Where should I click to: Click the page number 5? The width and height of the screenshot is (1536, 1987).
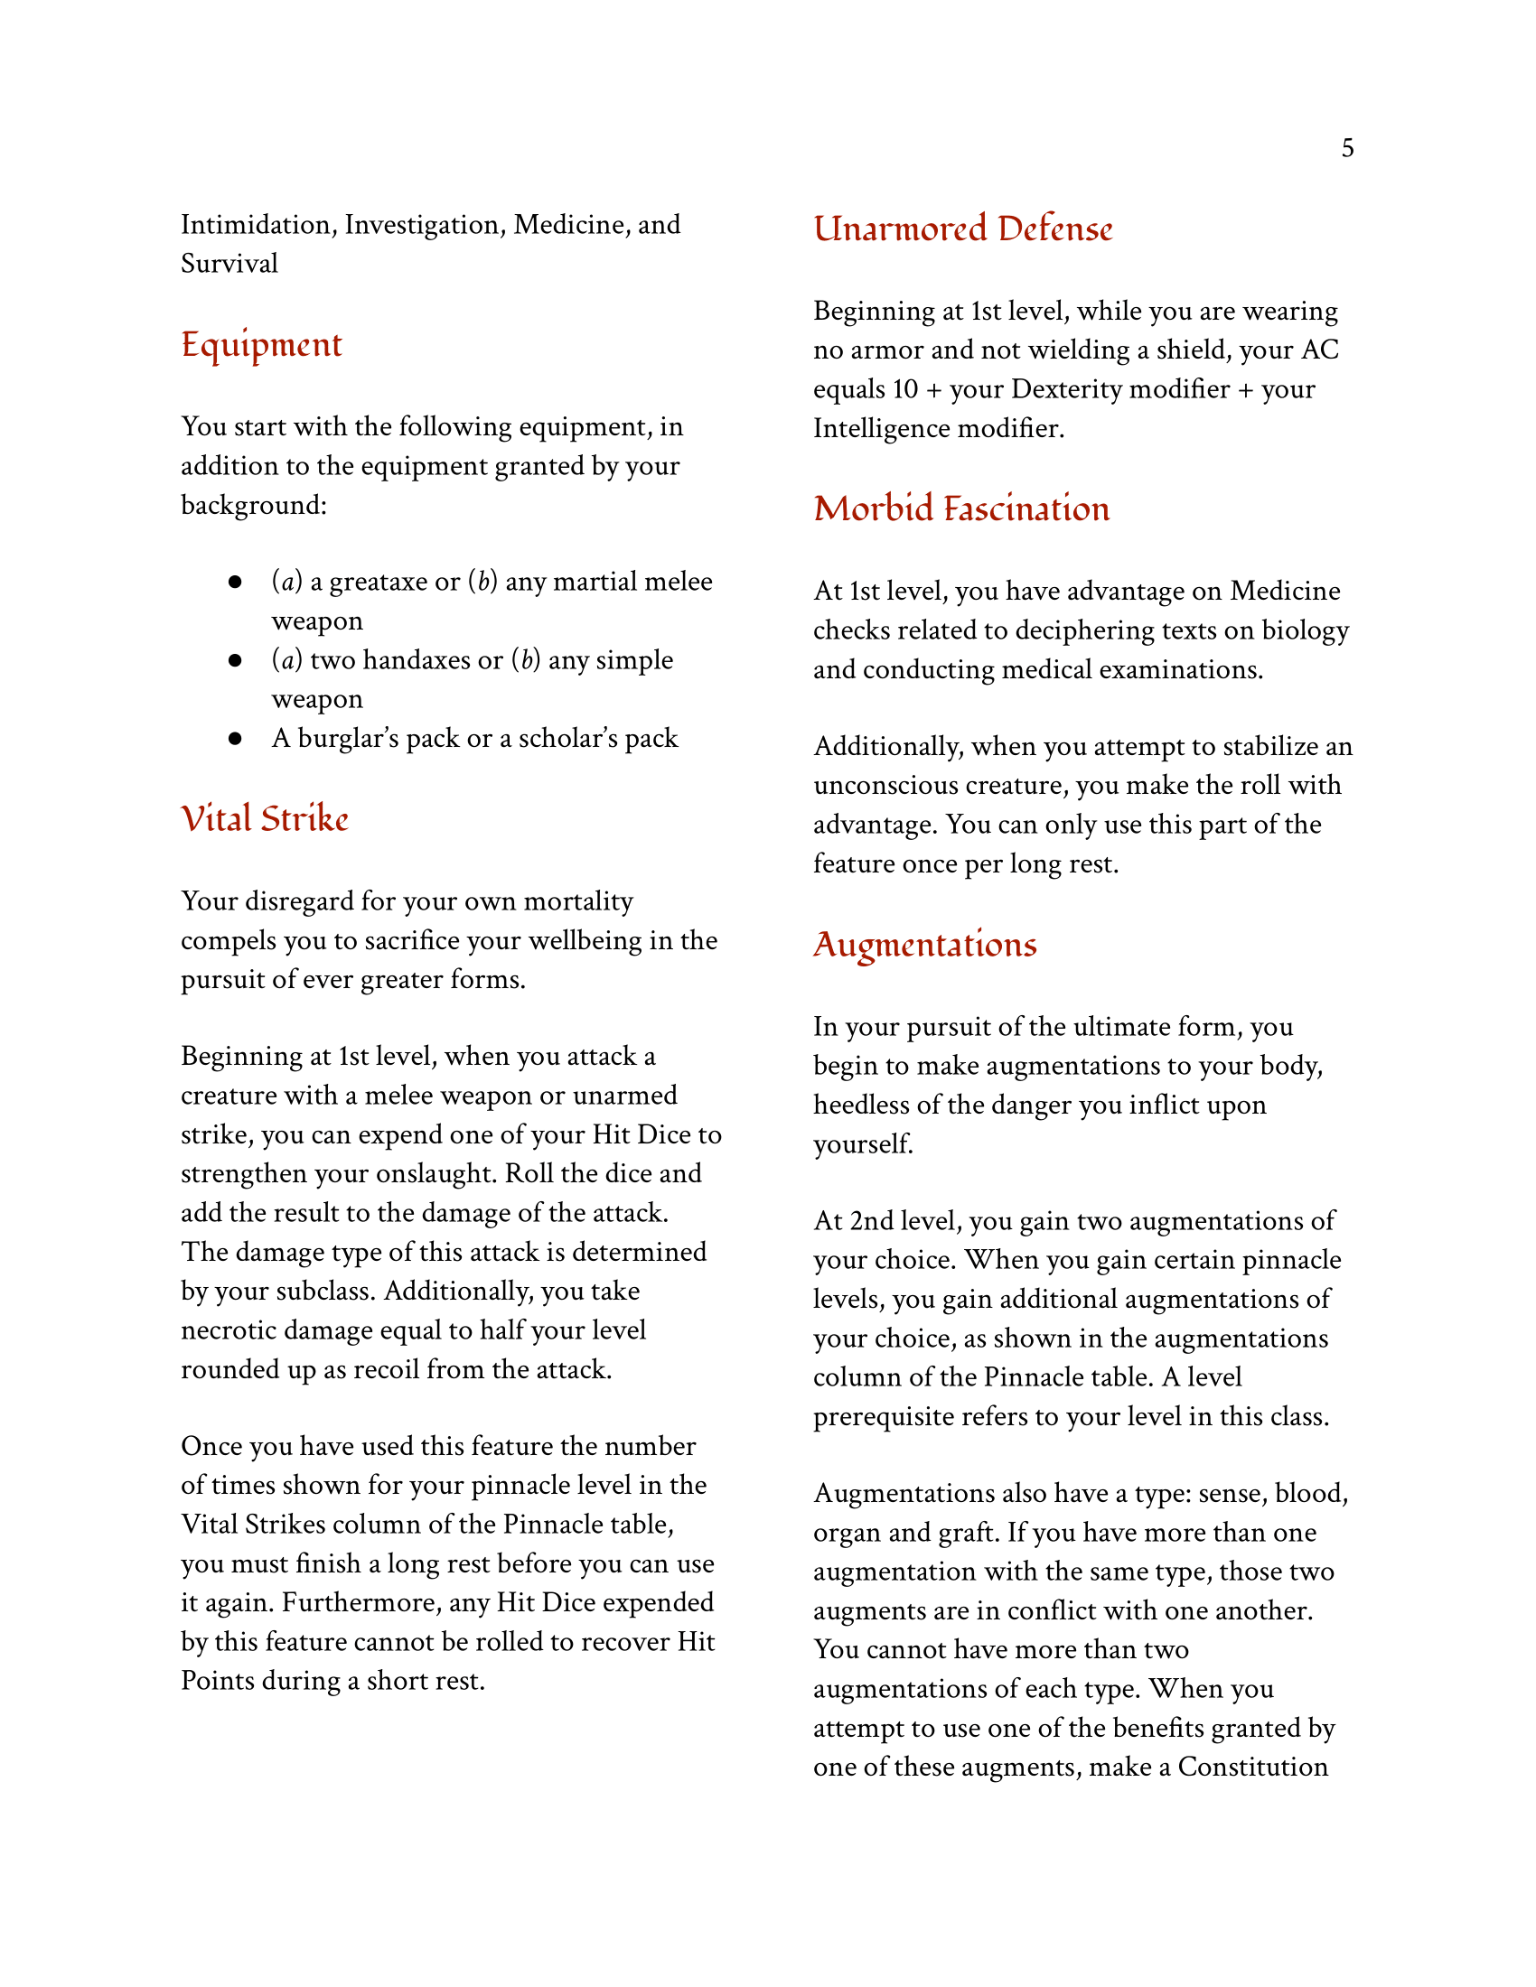pyautogui.click(x=1347, y=148)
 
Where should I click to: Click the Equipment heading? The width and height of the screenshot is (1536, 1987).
pyautogui.click(x=261, y=345)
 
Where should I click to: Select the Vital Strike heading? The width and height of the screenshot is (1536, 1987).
pyautogui.click(x=264, y=819)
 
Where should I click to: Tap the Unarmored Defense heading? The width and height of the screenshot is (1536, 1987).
pyautogui.click(x=962, y=229)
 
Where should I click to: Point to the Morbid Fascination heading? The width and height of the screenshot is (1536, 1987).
pyautogui.click(x=961, y=508)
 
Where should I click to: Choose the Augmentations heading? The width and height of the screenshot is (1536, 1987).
pyautogui.click(x=924, y=945)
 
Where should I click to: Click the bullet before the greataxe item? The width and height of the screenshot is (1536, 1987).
pyautogui.click(x=235, y=582)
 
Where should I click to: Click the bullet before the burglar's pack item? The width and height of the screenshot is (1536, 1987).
pyautogui.click(x=235, y=738)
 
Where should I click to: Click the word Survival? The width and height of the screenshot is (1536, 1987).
pyautogui.click(x=229, y=264)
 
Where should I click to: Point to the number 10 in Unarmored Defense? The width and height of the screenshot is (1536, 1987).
pyautogui.click(x=904, y=389)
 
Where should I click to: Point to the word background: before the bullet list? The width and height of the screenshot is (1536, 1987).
pyautogui.click(x=254, y=505)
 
